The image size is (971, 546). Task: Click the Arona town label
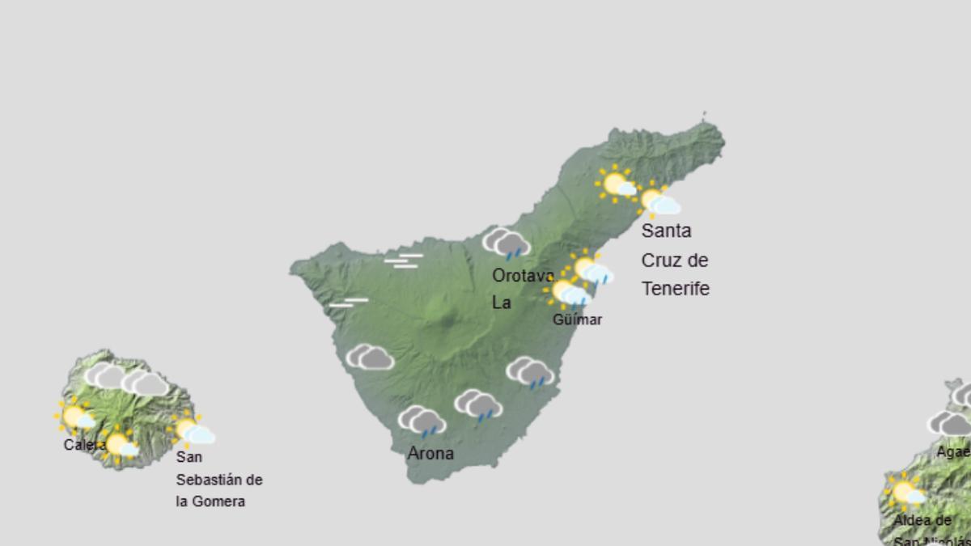pyautogui.click(x=430, y=454)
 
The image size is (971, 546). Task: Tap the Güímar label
pyautogui.click(x=577, y=320)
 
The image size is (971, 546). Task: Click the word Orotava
pyautogui.click(x=523, y=276)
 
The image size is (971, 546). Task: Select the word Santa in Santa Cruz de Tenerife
pyautogui.click(x=666, y=231)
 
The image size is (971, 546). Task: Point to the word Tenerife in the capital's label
pyautogui.click(x=675, y=289)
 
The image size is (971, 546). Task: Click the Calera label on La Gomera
pyautogui.click(x=84, y=445)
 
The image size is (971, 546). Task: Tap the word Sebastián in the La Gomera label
pyautogui.click(x=218, y=480)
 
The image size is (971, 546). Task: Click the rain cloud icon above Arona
pyautogui.click(x=422, y=421)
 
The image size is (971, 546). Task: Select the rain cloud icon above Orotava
pyautogui.click(x=507, y=243)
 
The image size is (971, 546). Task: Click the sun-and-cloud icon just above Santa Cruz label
pyautogui.click(x=659, y=201)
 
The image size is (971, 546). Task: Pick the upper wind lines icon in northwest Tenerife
pyautogui.click(x=404, y=260)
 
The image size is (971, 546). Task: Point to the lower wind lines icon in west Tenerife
pyautogui.click(x=349, y=303)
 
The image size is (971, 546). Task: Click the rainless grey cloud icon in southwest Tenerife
pyautogui.click(x=370, y=357)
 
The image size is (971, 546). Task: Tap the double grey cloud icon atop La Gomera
pyautogui.click(x=126, y=379)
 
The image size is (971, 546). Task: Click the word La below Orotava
pyautogui.click(x=502, y=303)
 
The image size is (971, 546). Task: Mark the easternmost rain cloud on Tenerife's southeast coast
pyautogui.click(x=530, y=372)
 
